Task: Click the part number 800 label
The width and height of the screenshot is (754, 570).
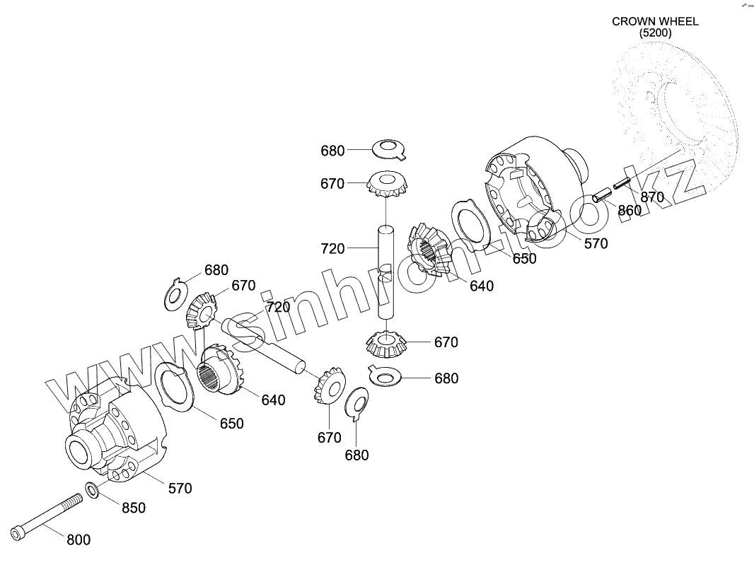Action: tap(79, 540)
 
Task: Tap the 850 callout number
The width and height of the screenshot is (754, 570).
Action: tap(134, 508)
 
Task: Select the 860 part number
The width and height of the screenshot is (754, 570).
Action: tap(630, 210)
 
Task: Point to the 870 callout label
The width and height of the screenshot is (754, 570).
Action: tap(653, 198)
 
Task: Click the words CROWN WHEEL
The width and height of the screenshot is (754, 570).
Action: tap(655, 21)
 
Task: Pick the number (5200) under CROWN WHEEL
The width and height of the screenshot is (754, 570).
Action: tap(655, 33)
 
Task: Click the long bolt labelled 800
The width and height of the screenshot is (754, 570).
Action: tap(46, 515)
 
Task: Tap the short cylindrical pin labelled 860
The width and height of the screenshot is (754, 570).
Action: tap(602, 194)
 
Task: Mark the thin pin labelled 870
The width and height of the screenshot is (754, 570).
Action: tap(622, 182)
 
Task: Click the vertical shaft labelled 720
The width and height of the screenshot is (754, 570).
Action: tap(385, 272)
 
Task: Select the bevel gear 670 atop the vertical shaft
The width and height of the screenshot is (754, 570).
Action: tap(386, 185)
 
